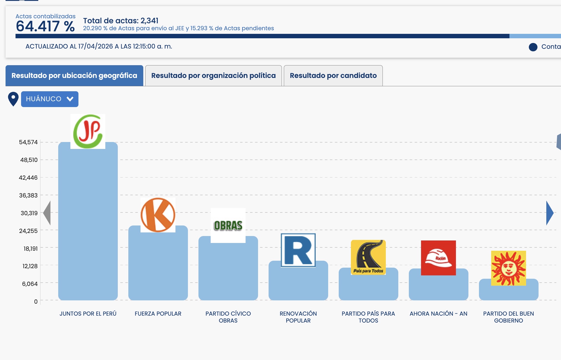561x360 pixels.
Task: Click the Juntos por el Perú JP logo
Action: tap(88, 131)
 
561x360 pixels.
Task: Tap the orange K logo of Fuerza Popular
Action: tap(158, 215)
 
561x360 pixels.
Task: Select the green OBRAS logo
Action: tap(228, 225)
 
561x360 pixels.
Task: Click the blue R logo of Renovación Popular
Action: tap(298, 250)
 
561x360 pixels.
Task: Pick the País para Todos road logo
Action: tap(368, 257)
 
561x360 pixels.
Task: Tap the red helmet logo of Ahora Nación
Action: tap(438, 258)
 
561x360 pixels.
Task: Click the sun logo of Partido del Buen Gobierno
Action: tap(508, 268)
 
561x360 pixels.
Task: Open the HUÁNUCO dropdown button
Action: tap(50, 99)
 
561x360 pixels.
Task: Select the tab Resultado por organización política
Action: tap(213, 76)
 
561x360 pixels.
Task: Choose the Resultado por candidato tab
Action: tap(333, 76)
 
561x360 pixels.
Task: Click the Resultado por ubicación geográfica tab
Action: tap(74, 76)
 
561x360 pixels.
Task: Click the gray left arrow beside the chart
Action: tap(47, 213)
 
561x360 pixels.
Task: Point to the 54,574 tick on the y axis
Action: tap(28, 142)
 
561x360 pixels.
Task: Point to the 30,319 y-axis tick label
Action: tap(29, 213)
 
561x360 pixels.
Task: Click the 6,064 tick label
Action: tap(30, 284)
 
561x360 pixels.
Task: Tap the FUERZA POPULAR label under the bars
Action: tap(158, 314)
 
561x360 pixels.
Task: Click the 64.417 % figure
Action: tap(45, 27)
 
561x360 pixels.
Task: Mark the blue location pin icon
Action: tap(13, 99)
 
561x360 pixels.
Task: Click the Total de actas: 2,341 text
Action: tap(121, 21)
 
